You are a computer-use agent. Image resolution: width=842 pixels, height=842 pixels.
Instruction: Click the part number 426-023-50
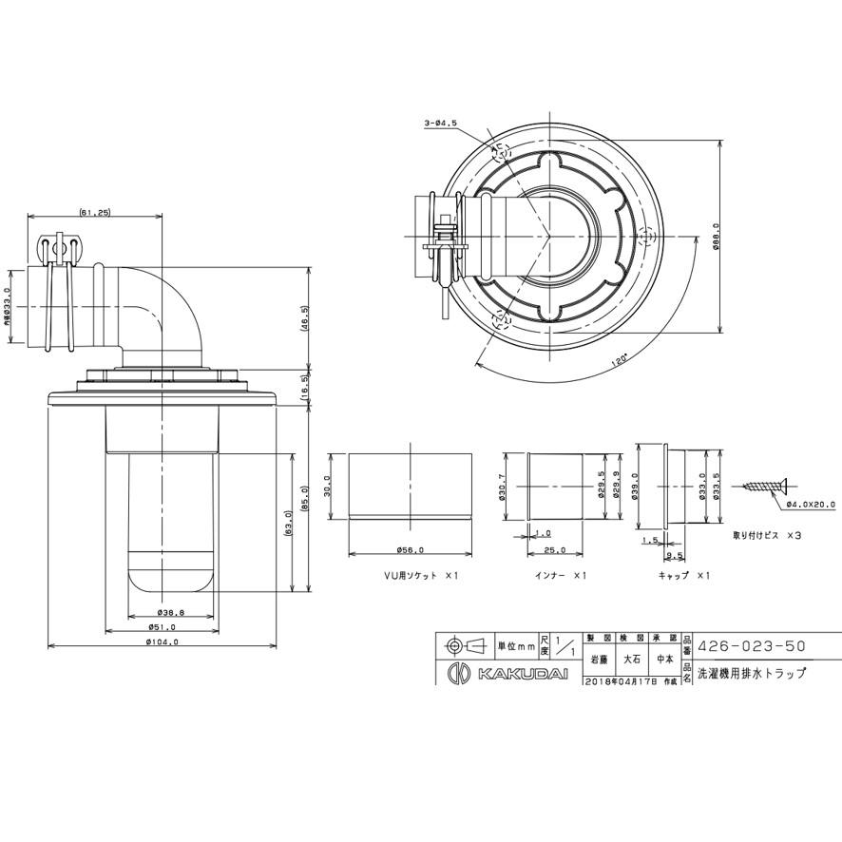pos(752,646)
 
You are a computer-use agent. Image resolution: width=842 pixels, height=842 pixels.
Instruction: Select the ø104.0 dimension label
pos(163,642)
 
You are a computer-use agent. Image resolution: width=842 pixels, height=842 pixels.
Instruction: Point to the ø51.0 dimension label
pos(163,627)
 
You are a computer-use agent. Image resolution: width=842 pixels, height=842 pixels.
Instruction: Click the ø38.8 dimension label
pos(163,613)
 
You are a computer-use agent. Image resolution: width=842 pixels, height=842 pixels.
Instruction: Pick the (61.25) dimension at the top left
pos(95,212)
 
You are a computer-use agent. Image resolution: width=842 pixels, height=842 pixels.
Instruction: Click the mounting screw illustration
pos(765,488)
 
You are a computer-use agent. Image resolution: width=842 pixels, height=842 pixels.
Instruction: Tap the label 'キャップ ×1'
pos(683,576)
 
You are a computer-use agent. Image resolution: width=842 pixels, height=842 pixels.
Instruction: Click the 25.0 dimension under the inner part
pos(556,550)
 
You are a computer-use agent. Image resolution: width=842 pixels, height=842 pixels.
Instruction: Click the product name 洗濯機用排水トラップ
pos(752,673)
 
